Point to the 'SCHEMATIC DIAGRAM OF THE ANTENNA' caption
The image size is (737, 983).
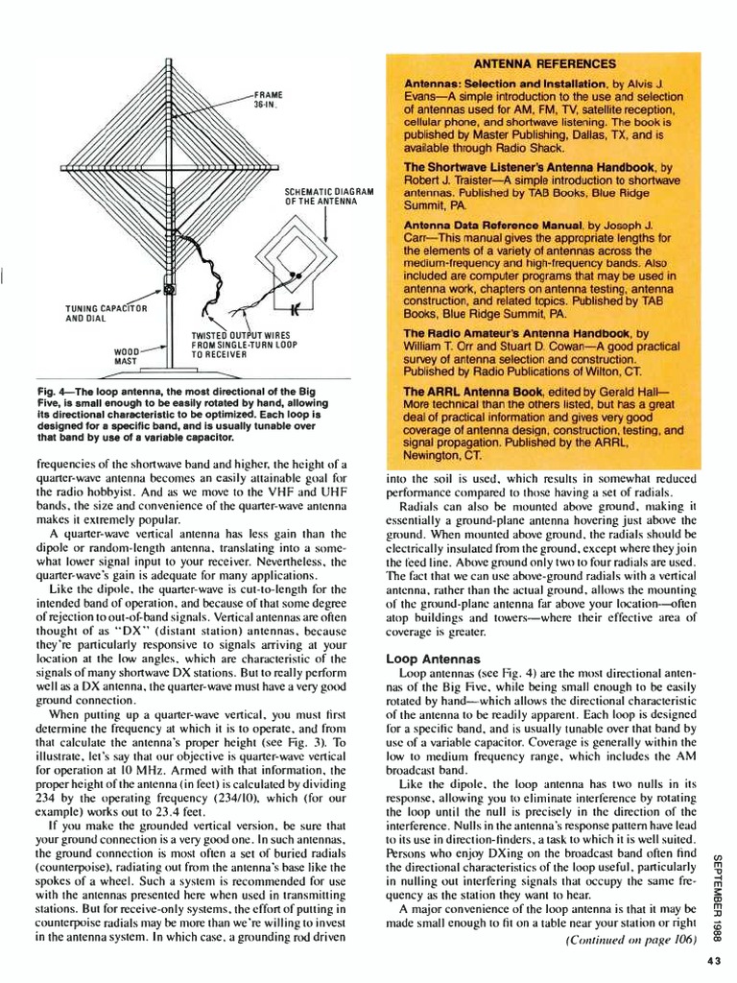coord(328,197)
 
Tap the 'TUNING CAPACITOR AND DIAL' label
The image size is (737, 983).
coord(106,313)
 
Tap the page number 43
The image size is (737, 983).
coord(713,963)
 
